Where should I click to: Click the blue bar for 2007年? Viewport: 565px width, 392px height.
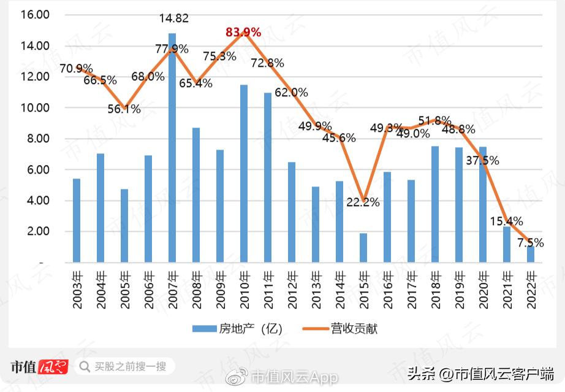tap(172, 148)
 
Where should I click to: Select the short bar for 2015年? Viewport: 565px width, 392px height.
tap(363, 248)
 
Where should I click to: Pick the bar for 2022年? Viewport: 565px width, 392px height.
tap(531, 254)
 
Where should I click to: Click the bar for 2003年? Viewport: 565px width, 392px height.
tap(77, 221)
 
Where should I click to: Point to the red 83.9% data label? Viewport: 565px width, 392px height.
tap(243, 32)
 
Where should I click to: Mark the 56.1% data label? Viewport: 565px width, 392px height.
tap(123, 109)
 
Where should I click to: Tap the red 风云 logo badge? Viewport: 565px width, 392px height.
tap(53, 367)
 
